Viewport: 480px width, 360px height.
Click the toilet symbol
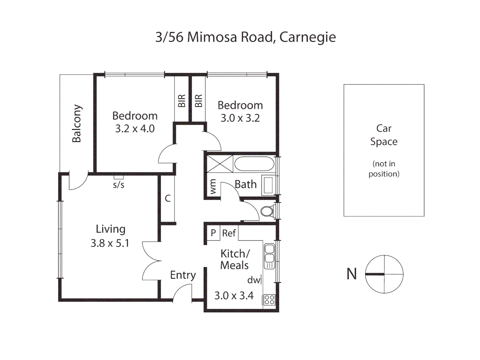coord(267,211)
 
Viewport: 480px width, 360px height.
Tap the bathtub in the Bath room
coord(254,164)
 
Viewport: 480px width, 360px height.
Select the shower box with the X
coord(220,164)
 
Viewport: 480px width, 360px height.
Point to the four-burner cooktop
coord(269,299)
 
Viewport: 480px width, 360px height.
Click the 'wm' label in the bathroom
coord(213,187)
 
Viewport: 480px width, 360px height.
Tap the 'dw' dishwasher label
coord(254,280)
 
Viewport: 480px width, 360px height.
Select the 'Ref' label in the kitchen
coord(229,233)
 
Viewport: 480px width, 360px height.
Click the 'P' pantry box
coord(213,233)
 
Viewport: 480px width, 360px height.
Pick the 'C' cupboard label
coord(168,198)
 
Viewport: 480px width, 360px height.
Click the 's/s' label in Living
coord(118,185)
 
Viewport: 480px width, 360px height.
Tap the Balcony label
coord(77,123)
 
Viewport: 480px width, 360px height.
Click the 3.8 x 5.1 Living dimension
coord(110,243)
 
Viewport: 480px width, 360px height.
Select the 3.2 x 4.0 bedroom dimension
coord(135,129)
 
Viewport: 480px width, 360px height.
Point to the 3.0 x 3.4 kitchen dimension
coord(234,295)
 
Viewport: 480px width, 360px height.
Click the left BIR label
coord(182,101)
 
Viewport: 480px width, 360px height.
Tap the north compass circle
coord(384,274)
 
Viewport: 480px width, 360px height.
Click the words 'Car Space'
coord(384,135)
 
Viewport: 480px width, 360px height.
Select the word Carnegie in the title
coord(307,37)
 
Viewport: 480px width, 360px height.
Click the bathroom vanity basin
coord(268,185)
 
